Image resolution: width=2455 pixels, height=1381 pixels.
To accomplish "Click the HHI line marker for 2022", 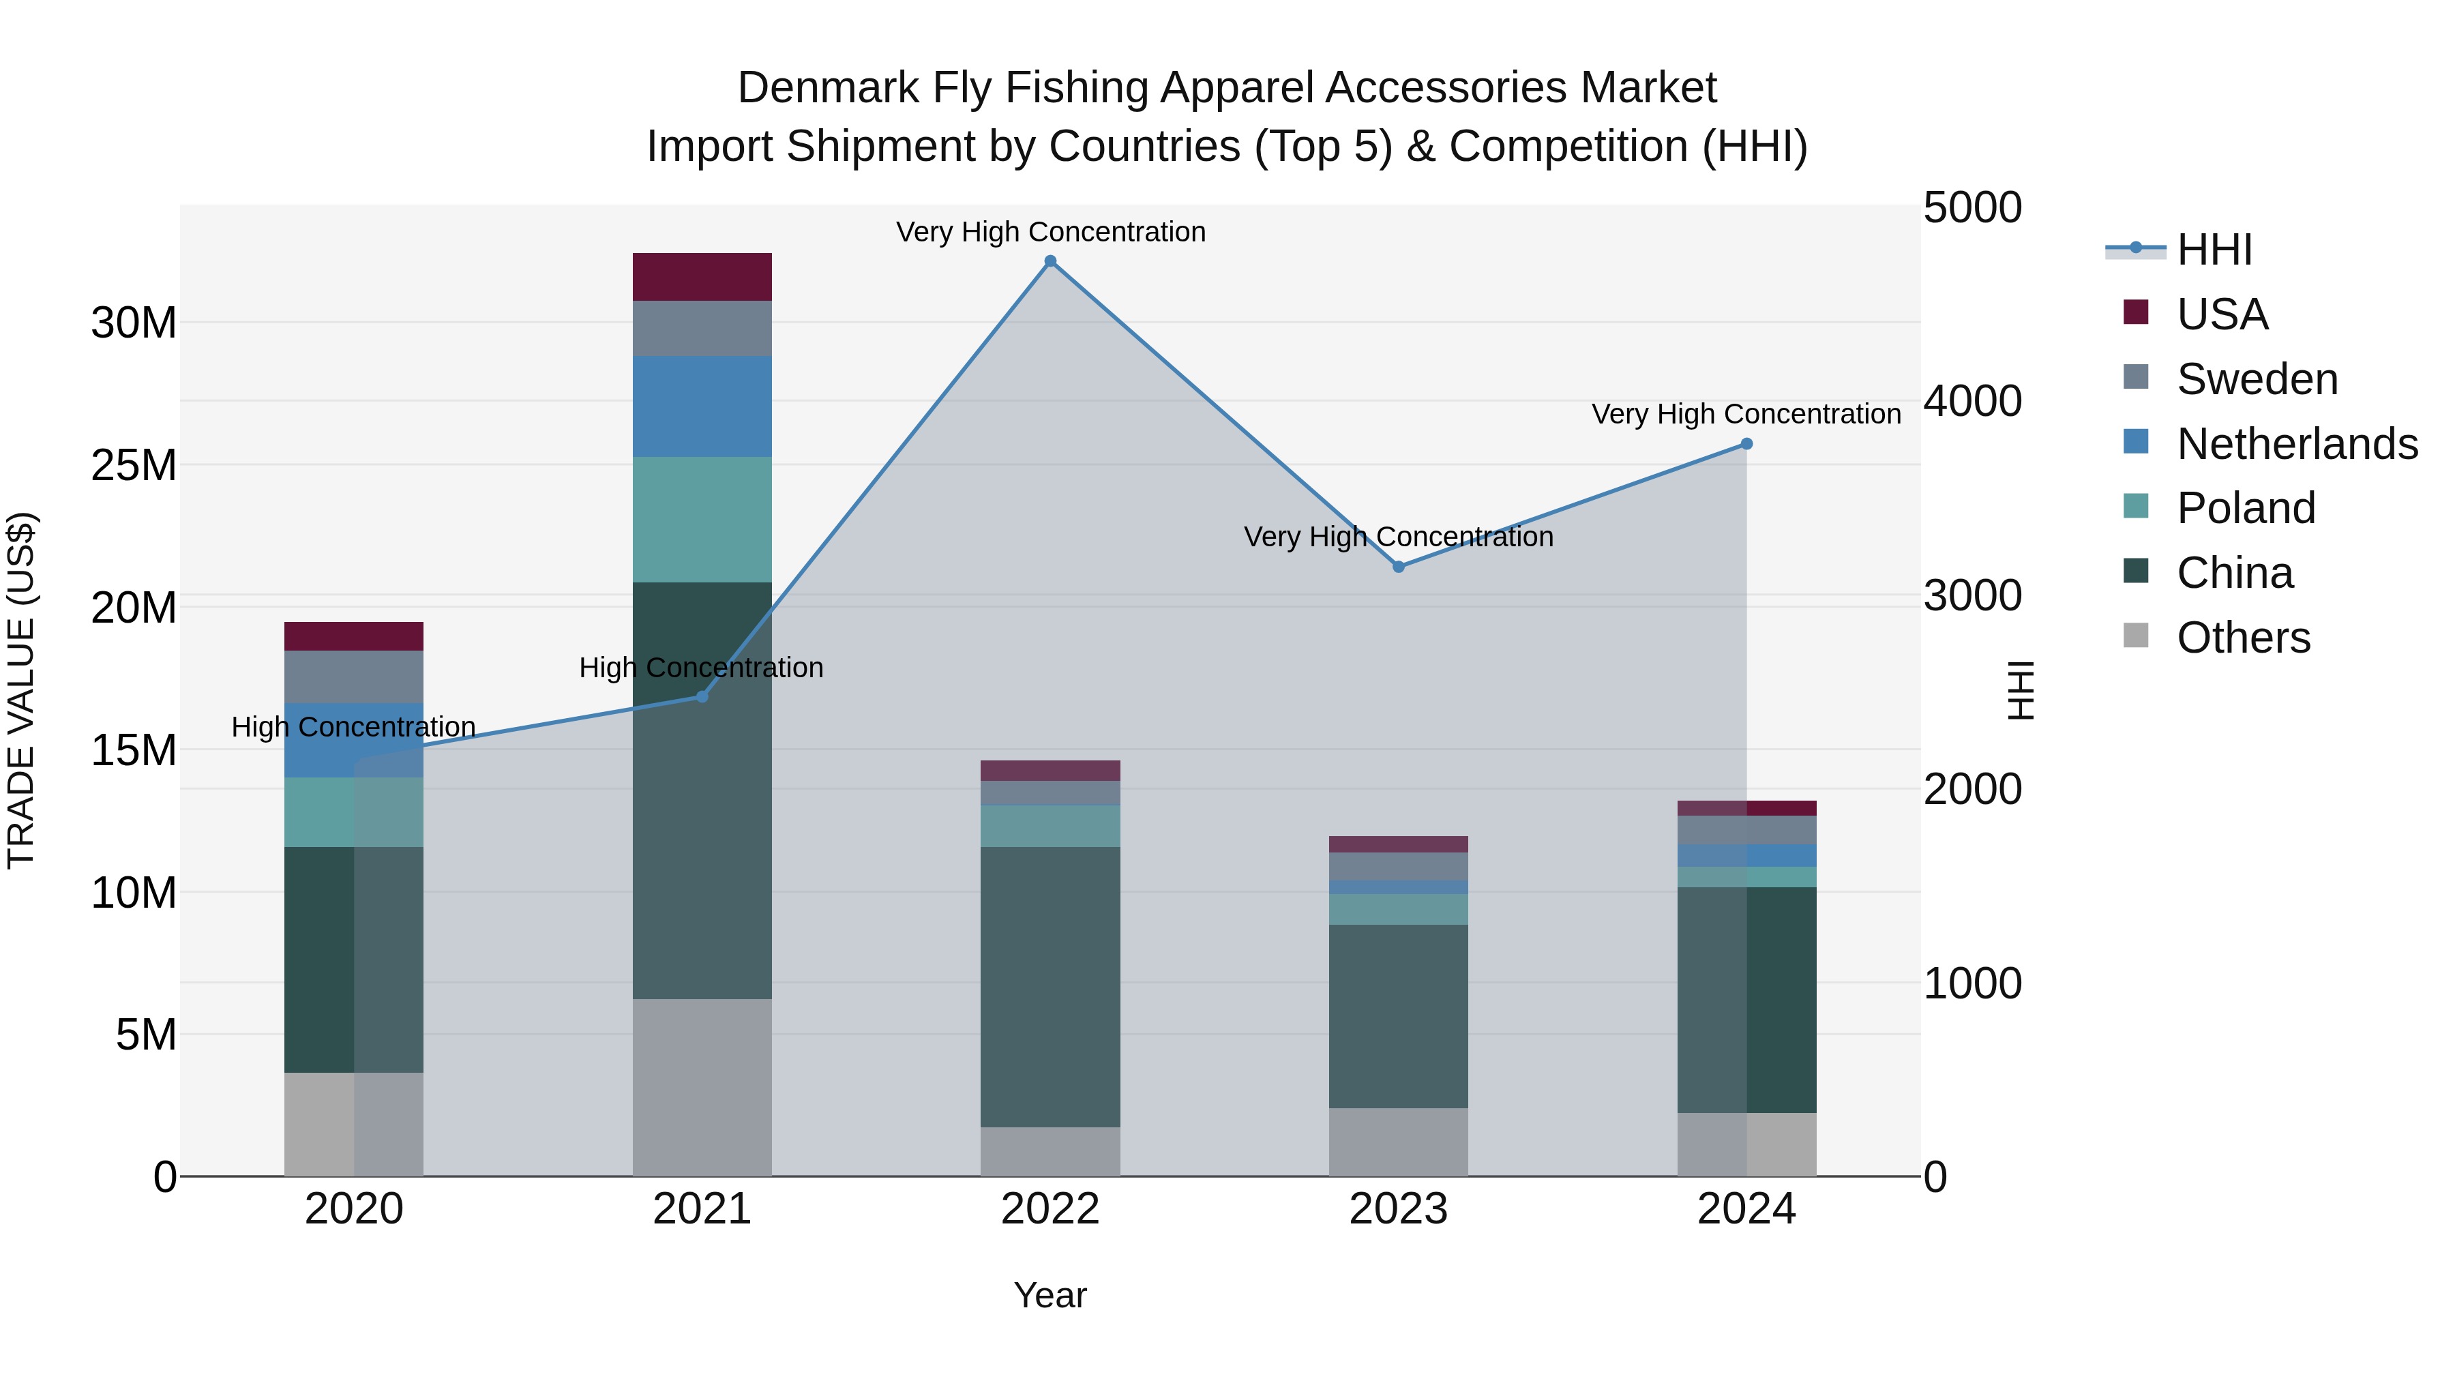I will (x=1050, y=261).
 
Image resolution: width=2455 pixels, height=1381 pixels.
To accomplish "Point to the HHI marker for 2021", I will (x=702, y=697).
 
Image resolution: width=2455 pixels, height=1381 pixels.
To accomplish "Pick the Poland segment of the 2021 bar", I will (x=702, y=520).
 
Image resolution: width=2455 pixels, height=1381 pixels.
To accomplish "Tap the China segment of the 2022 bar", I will (x=1050, y=986).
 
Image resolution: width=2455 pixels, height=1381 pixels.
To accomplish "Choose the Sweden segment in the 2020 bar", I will (x=353, y=677).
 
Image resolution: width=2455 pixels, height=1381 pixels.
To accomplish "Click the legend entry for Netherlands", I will (x=2297, y=444).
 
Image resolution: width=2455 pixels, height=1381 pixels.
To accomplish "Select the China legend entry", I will (x=2234, y=573).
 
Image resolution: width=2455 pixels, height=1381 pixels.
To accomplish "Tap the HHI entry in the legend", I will (x=2214, y=250).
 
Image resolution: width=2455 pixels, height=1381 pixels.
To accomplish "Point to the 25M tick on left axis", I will (x=134, y=465).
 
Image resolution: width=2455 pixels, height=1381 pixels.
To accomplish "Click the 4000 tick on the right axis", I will (x=1971, y=401).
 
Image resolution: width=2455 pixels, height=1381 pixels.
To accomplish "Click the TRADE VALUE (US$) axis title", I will (x=22, y=690).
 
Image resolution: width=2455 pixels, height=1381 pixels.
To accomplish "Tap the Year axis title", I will (x=1050, y=1295).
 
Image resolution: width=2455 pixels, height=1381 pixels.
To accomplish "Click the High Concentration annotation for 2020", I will (x=353, y=727).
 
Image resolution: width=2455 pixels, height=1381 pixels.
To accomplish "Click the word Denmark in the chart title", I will (x=827, y=88).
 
